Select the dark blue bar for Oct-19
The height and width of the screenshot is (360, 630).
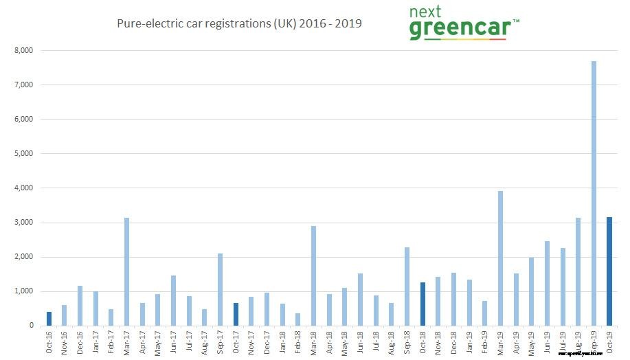coord(609,271)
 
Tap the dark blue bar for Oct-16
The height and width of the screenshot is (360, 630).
coord(49,319)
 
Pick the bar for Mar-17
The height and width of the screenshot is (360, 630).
coord(126,271)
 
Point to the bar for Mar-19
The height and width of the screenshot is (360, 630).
coord(500,258)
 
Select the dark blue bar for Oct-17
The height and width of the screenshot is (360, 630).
coord(236,314)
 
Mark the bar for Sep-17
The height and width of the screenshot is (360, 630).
coord(220,289)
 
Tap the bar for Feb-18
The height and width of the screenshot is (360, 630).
coord(298,319)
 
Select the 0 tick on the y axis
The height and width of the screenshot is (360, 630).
coord(31,326)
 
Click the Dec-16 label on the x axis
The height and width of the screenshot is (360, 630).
coord(80,342)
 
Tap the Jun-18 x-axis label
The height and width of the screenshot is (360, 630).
coord(361,342)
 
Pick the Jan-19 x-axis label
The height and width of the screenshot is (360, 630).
coord(469,342)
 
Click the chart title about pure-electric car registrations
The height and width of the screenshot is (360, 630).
coord(239,23)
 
